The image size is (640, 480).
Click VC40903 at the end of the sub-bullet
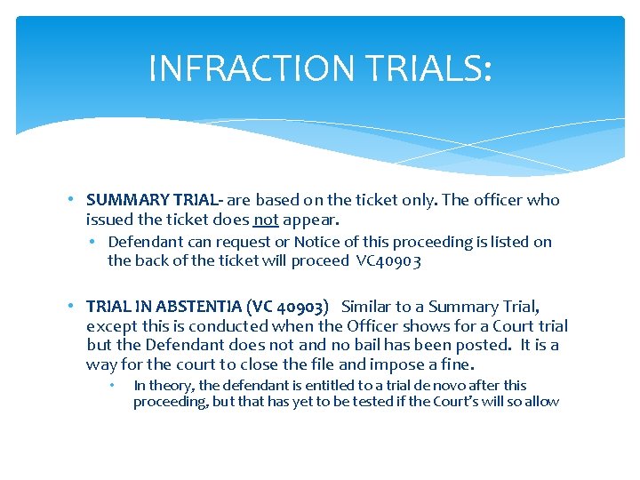coord(388,260)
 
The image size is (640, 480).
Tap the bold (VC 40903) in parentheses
coord(285,307)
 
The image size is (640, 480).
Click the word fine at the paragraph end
coord(459,364)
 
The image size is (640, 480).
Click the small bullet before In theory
coord(113,386)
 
